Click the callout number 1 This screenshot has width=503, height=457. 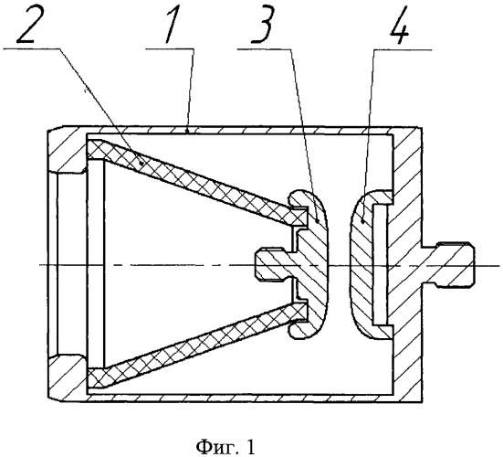coord(172,27)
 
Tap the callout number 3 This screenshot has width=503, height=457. coord(262,27)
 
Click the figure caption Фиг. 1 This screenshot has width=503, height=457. coord(225,446)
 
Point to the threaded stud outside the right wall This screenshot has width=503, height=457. coord(447,262)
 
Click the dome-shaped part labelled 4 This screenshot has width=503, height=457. coord(366,264)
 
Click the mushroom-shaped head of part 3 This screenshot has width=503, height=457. coord(310,264)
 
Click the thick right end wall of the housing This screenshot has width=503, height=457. coord(407,263)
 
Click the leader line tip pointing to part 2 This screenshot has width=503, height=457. coord(142,164)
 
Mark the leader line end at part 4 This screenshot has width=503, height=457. coord(362,221)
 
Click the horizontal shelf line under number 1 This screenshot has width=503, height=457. coord(170,48)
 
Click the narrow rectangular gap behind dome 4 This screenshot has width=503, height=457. coord(380,264)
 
